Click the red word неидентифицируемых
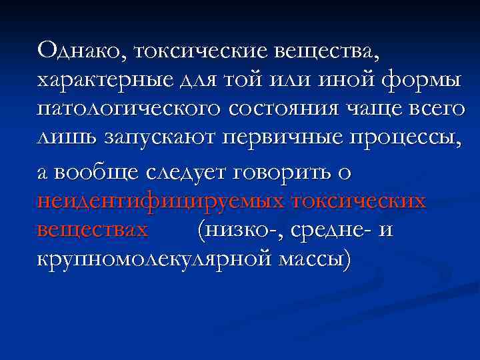[160, 201]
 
